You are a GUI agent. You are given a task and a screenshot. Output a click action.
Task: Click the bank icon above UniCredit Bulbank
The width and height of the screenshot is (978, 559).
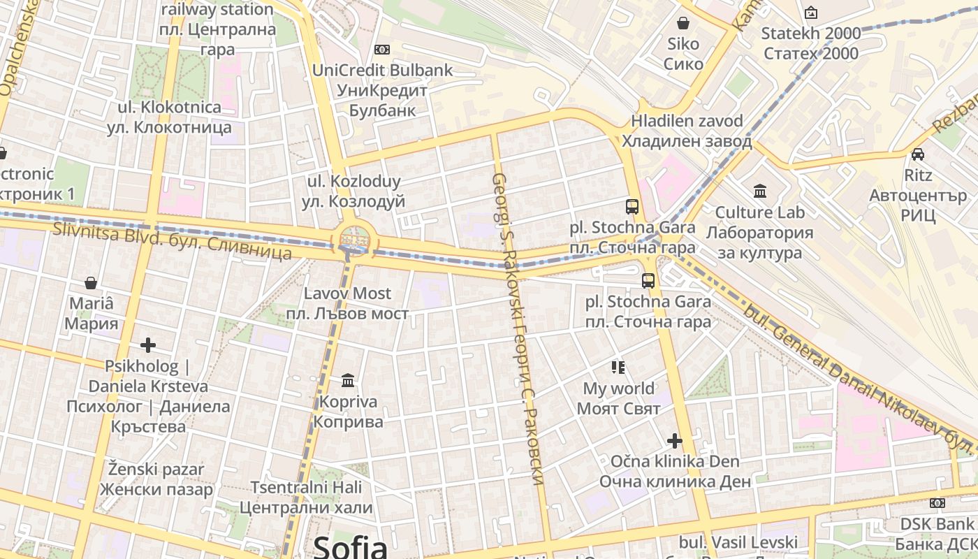coord(381,49)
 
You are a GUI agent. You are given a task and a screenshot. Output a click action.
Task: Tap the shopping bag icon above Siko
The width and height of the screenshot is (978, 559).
coord(683,23)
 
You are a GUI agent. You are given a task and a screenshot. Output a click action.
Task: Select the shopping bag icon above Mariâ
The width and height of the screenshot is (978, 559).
coord(91,283)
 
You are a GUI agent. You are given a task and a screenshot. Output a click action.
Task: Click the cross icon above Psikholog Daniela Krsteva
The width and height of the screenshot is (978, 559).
coord(147,345)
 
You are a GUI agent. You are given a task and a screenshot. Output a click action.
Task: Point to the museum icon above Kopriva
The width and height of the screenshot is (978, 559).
coord(348,381)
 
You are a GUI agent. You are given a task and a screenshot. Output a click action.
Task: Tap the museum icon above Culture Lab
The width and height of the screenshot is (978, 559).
coord(759,191)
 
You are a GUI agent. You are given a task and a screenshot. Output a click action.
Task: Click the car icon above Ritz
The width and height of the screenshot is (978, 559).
coord(918,154)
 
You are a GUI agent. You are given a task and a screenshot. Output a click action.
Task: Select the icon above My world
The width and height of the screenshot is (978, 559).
coord(618,367)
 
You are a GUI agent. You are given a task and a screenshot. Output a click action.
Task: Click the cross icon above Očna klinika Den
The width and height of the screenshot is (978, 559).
coord(674,441)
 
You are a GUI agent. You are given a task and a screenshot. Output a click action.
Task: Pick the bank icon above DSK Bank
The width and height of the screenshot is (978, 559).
coord(937,503)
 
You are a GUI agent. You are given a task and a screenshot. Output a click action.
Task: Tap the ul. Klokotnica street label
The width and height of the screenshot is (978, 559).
coord(169,117)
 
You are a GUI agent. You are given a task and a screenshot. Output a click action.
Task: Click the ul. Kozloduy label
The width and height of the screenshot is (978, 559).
coord(354,191)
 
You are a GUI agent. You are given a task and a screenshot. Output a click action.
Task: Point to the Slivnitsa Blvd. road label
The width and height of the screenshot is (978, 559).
coord(172,240)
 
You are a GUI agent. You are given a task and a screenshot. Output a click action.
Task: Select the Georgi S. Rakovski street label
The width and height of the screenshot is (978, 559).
coord(518,328)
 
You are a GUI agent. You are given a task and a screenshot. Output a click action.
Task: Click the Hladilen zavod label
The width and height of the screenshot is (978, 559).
coord(687,131)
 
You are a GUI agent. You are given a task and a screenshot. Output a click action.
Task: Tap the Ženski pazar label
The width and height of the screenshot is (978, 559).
coord(156,479)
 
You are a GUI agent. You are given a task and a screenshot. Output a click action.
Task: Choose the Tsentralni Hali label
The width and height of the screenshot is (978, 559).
coord(306,498)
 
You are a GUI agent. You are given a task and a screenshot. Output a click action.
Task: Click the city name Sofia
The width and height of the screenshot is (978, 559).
coord(350,546)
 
